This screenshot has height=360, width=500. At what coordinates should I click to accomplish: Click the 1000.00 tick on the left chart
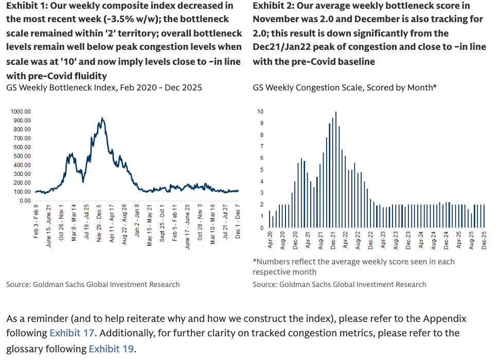click(21, 111)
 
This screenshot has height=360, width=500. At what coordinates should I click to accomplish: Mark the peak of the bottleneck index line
click(102, 118)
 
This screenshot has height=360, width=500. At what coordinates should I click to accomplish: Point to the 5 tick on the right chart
click(261, 170)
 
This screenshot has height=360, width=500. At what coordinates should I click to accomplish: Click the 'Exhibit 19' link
click(111, 349)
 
